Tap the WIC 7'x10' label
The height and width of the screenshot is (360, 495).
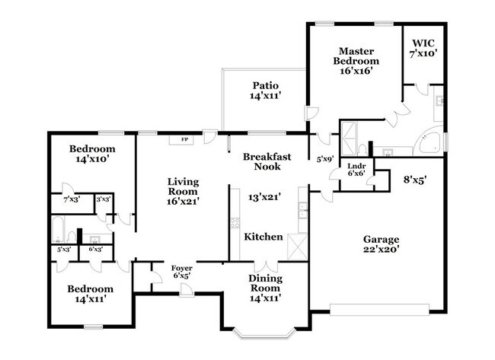point(424,49)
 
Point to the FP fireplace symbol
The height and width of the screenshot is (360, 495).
point(184,140)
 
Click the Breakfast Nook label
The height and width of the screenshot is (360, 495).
point(267,161)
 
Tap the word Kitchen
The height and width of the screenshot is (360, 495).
point(263,237)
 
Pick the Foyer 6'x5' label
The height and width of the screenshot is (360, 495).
point(181,272)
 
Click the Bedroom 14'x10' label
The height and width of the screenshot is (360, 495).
point(91,154)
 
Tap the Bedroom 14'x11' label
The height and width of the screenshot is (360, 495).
point(91,294)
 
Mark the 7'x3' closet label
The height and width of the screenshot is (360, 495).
point(72,200)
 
